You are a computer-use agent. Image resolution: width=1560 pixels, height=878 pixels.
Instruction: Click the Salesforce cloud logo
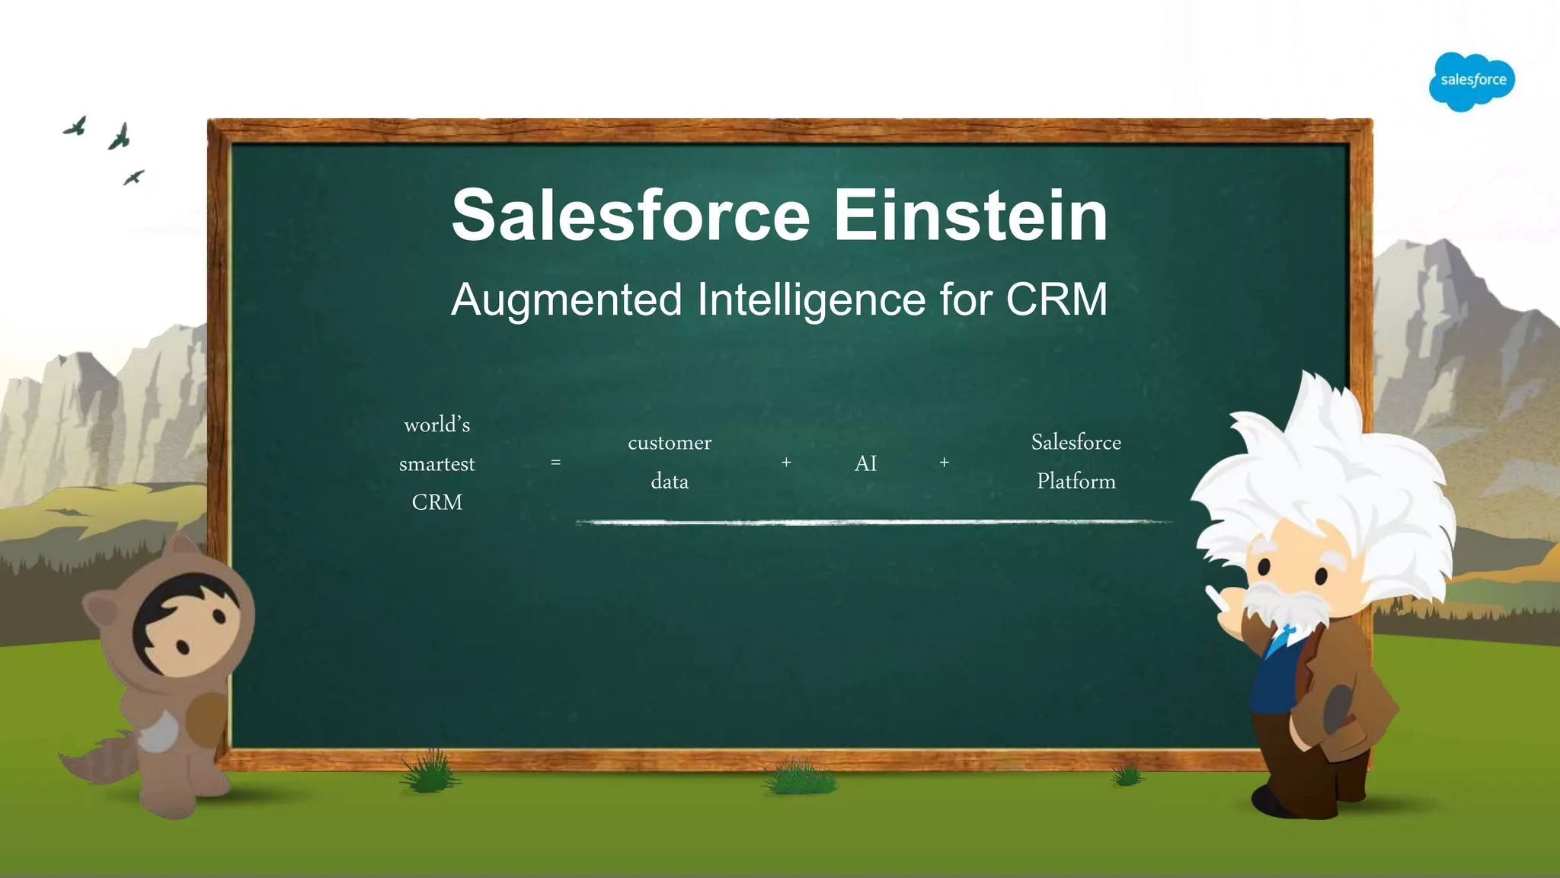point(1472,81)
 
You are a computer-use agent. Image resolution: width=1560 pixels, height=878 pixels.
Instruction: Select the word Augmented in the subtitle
point(566,299)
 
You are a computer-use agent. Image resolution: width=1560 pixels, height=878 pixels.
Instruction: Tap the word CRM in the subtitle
point(1057,299)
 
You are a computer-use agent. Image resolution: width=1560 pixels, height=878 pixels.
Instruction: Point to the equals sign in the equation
point(555,463)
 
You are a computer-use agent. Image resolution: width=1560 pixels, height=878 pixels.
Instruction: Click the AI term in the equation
point(865,463)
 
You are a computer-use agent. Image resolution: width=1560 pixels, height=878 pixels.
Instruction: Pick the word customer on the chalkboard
point(670,443)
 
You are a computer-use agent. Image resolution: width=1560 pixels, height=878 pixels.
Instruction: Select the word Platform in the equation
point(1076,482)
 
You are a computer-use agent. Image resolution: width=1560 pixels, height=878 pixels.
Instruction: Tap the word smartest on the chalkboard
point(436,464)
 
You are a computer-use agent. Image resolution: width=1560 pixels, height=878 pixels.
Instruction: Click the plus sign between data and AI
point(786,463)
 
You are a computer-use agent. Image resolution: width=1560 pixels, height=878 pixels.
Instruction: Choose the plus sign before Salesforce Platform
point(944,463)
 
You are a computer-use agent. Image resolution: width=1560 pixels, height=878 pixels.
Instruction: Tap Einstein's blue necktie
point(1280,640)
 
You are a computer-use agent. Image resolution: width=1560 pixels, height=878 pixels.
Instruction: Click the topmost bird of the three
point(75,127)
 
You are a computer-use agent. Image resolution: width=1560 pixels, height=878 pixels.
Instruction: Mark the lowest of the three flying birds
point(133,178)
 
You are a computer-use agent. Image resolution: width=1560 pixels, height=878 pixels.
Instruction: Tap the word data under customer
point(670,482)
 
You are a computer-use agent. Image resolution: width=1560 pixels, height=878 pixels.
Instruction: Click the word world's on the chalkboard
point(436,425)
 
